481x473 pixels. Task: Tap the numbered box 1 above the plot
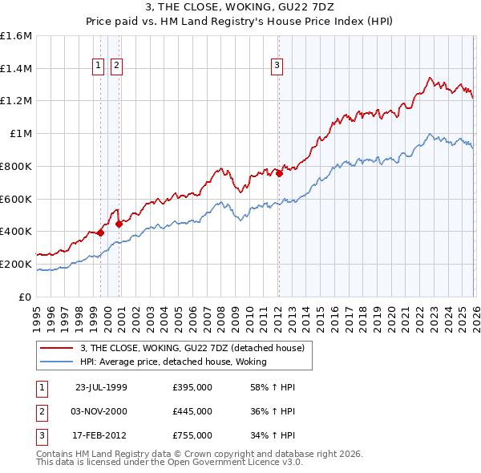99,66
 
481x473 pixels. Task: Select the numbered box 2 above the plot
116,66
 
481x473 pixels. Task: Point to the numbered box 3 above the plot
277,66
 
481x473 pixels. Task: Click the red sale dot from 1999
101,232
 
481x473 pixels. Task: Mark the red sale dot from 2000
119,224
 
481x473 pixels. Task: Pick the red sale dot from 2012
279,173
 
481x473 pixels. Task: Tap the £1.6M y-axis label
16,36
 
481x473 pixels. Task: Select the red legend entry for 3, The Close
192,348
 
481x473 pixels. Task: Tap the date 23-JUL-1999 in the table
101,387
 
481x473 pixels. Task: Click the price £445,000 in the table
192,411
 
